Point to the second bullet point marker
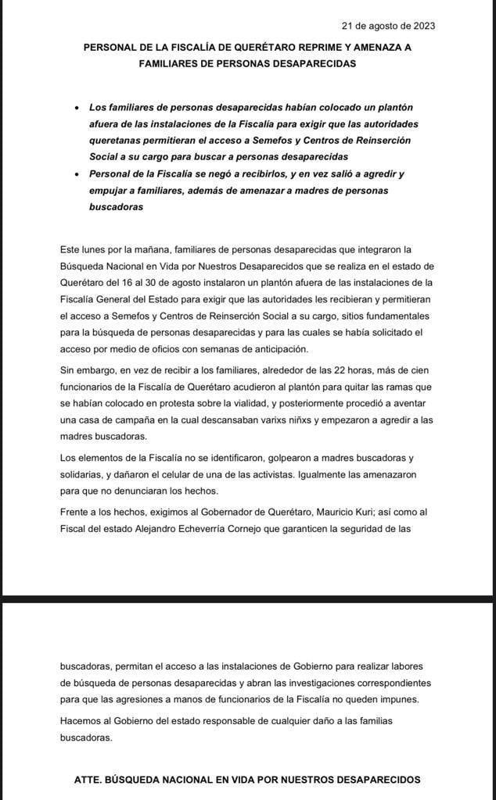click(x=76, y=175)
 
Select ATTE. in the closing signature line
click(x=90, y=780)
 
